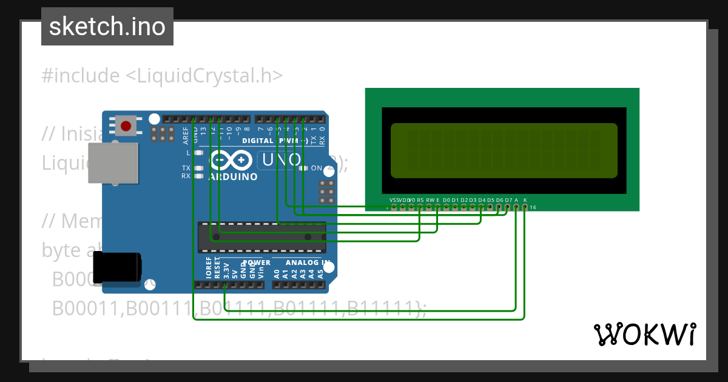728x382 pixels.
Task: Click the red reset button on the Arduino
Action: click(126, 126)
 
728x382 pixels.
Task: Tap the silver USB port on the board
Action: click(112, 163)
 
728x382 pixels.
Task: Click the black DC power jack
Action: click(116, 267)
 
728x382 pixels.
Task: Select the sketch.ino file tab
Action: click(107, 27)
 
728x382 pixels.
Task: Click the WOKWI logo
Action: click(645, 334)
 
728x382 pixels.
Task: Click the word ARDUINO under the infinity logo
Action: click(233, 177)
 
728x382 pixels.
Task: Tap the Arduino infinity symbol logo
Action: click(233, 160)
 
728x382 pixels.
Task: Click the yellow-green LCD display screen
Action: click(504, 150)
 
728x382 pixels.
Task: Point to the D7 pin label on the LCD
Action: click(508, 199)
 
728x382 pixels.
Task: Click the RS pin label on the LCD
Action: click(420, 199)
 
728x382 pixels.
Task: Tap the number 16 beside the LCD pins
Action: click(533, 207)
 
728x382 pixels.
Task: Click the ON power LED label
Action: click(316, 168)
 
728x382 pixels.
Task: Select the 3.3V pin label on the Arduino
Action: click(226, 270)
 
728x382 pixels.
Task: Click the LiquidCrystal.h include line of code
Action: click(162, 76)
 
